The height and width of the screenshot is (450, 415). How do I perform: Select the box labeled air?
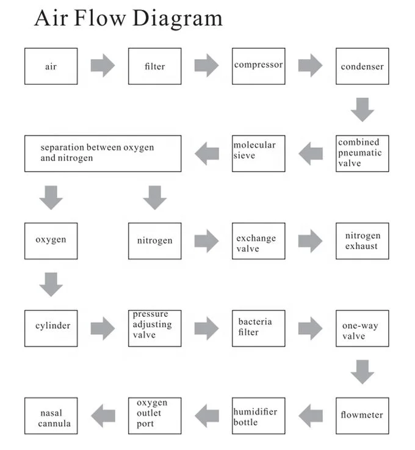(51, 66)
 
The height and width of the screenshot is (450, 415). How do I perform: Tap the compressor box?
(258, 66)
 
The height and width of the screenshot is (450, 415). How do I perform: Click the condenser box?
(362, 66)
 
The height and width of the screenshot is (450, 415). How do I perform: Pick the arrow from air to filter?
(103, 65)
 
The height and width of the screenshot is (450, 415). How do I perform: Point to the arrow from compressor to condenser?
(310, 65)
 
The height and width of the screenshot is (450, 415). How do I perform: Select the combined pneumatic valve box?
(362, 153)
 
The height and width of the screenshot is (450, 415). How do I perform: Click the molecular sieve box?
(258, 153)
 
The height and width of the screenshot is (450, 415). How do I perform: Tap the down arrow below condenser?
(363, 109)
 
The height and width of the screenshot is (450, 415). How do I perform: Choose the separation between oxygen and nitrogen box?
(103, 153)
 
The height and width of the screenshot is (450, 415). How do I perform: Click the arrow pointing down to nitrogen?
(154, 197)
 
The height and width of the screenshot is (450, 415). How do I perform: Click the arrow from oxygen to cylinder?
(51, 284)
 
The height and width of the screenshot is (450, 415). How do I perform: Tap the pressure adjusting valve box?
(154, 328)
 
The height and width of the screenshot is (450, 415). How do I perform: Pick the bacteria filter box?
(258, 328)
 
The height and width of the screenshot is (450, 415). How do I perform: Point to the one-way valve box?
(362, 328)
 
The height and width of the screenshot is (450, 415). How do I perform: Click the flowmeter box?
(362, 415)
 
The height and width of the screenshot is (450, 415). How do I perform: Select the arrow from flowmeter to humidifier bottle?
(310, 415)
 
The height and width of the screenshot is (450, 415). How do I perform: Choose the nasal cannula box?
(51, 415)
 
